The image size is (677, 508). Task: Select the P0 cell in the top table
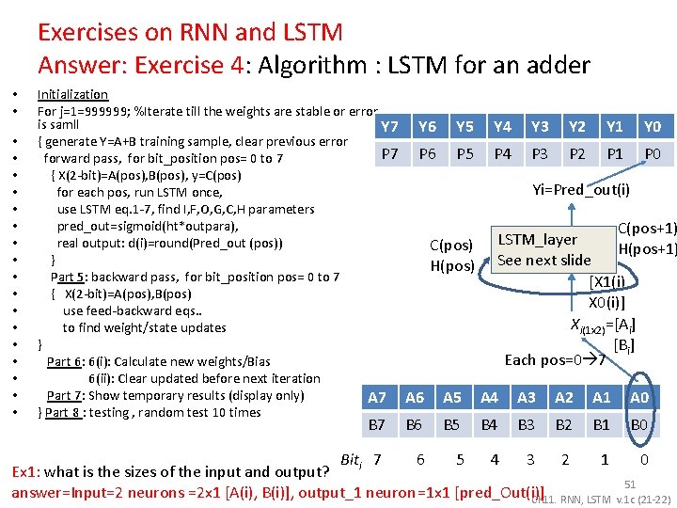coord(652,153)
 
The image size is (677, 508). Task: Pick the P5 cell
coord(464,153)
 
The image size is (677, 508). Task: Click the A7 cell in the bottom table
coord(377,398)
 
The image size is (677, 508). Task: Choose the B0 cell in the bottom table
coord(639,425)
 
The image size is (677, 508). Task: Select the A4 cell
coord(489,398)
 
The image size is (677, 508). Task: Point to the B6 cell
coord(415,425)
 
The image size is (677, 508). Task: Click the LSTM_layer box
coord(544,249)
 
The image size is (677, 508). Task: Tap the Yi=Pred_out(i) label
coord(581,189)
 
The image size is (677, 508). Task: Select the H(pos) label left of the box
coord(451,265)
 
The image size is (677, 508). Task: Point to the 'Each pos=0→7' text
coord(555,360)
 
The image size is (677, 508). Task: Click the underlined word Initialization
coord(72,94)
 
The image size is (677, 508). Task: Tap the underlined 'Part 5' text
coord(68,277)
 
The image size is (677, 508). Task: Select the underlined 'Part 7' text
coord(65,395)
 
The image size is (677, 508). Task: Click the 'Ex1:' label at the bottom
coord(24,471)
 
